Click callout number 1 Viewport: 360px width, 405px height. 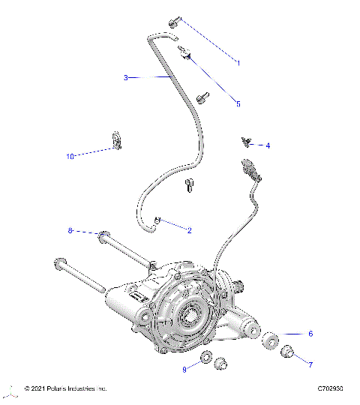(x=238, y=63)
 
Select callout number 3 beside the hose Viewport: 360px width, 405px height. (x=127, y=77)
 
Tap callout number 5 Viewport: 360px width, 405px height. (x=238, y=104)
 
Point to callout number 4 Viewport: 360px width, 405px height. (x=268, y=145)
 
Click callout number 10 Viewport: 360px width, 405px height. (x=70, y=157)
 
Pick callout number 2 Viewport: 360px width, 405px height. (x=189, y=230)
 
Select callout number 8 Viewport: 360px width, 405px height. (x=70, y=231)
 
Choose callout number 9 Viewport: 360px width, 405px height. (x=184, y=369)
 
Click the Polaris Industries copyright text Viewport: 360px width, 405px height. (x=66, y=388)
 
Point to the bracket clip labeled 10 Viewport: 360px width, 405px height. (x=116, y=139)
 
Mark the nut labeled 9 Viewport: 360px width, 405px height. (x=206, y=357)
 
